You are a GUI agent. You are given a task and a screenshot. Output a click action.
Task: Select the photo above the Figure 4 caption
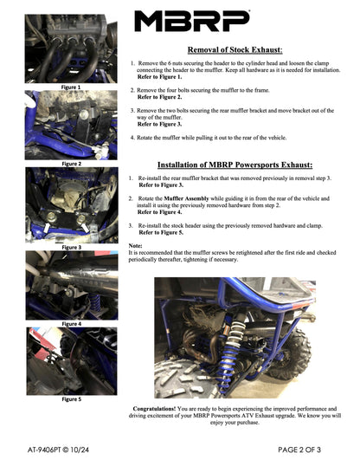pyautogui.click(x=66, y=285)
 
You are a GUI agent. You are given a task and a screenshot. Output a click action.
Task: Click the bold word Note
pyautogui.click(x=135, y=246)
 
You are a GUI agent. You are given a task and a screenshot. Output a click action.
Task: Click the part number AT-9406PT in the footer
pyautogui.click(x=54, y=450)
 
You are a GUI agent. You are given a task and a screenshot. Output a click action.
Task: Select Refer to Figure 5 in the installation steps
pyautogui.click(x=161, y=233)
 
